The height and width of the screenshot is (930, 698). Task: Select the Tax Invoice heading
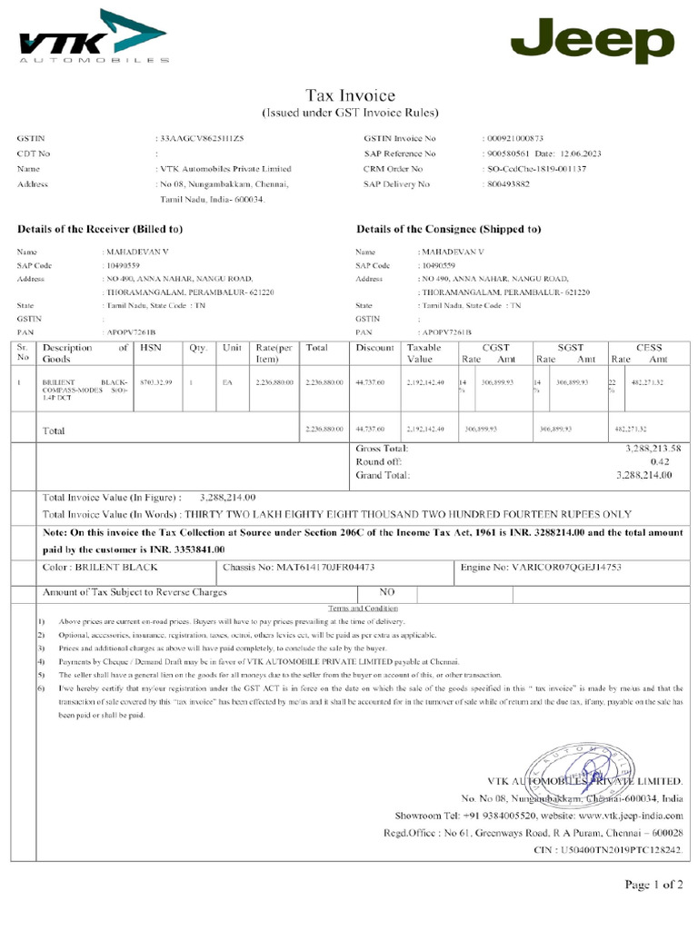pos(350,95)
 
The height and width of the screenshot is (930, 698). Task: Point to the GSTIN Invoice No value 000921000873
pos(513,138)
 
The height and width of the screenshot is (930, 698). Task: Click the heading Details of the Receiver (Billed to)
pos(101,229)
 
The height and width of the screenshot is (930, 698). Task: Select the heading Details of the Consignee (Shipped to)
pos(448,229)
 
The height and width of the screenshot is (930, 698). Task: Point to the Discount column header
pos(375,347)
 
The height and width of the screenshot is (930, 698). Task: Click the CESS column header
pos(649,347)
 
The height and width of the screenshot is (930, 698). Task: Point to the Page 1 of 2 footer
pos(653,884)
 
